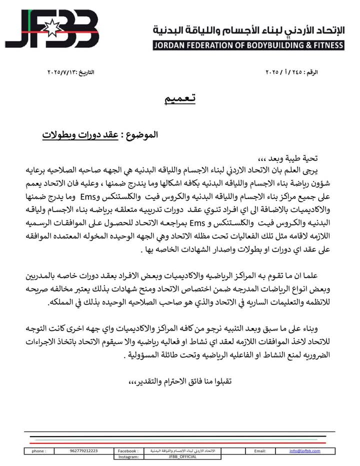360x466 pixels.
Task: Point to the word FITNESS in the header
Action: pyautogui.click(x=326, y=45)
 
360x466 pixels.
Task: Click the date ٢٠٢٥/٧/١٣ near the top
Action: pyautogui.click(x=70, y=73)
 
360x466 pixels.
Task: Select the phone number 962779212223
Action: pyautogui.click(x=84, y=451)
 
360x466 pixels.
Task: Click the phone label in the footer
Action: pyautogui.click(x=38, y=451)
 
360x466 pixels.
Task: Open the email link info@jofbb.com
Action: pyautogui.click(x=304, y=451)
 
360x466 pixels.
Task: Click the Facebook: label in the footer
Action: pyautogui.click(x=127, y=451)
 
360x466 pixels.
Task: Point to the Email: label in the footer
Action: pyautogui.click(x=259, y=451)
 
